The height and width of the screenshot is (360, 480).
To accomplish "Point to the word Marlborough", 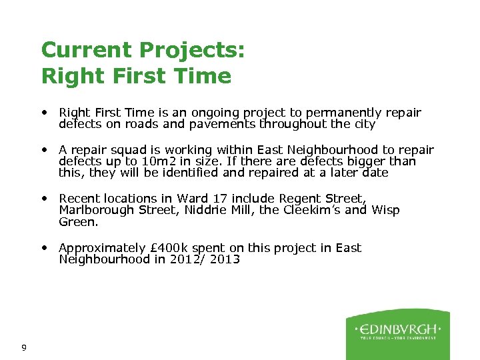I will click(97, 210).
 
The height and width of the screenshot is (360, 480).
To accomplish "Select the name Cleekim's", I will click(315, 210).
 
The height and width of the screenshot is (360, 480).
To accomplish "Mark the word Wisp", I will click(385, 210).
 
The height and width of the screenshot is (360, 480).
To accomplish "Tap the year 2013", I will click(224, 259).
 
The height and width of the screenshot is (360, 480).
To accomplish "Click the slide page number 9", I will click(24, 347).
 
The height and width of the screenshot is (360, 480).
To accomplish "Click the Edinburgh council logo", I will click(397, 333).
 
